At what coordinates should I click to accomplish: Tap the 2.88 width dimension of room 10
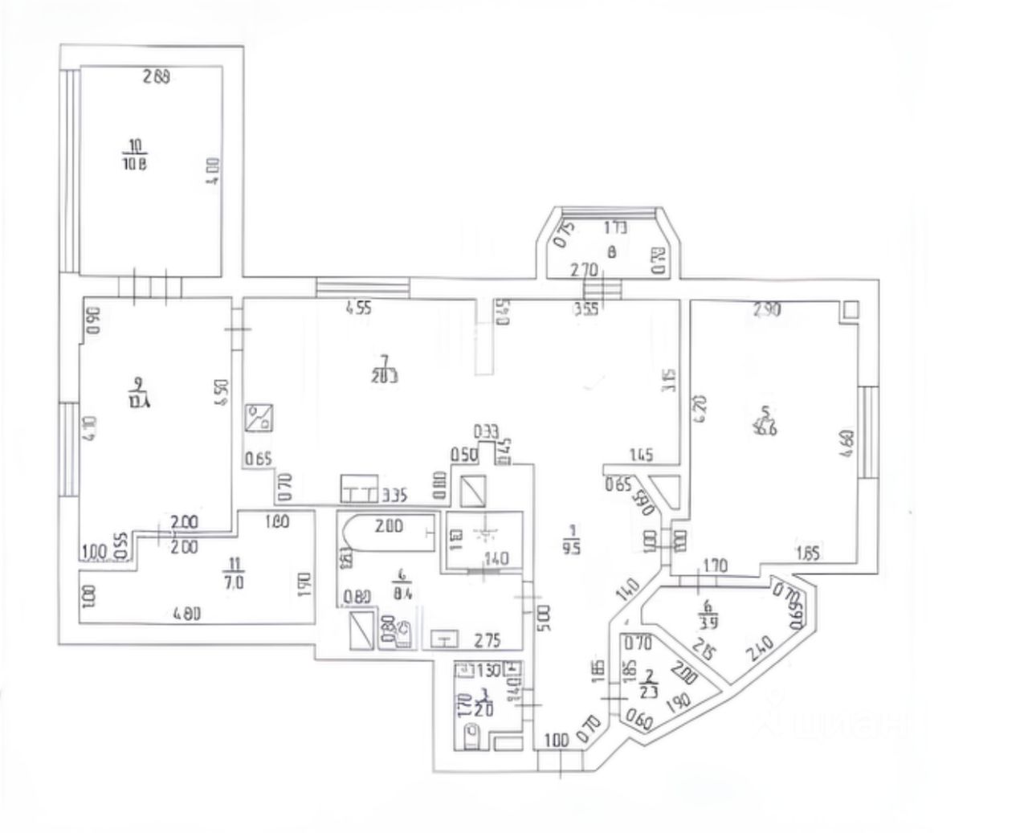157,78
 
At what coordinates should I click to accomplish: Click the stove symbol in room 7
262,418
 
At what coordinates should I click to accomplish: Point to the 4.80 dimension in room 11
187,615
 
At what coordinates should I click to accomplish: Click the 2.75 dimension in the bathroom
487,641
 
